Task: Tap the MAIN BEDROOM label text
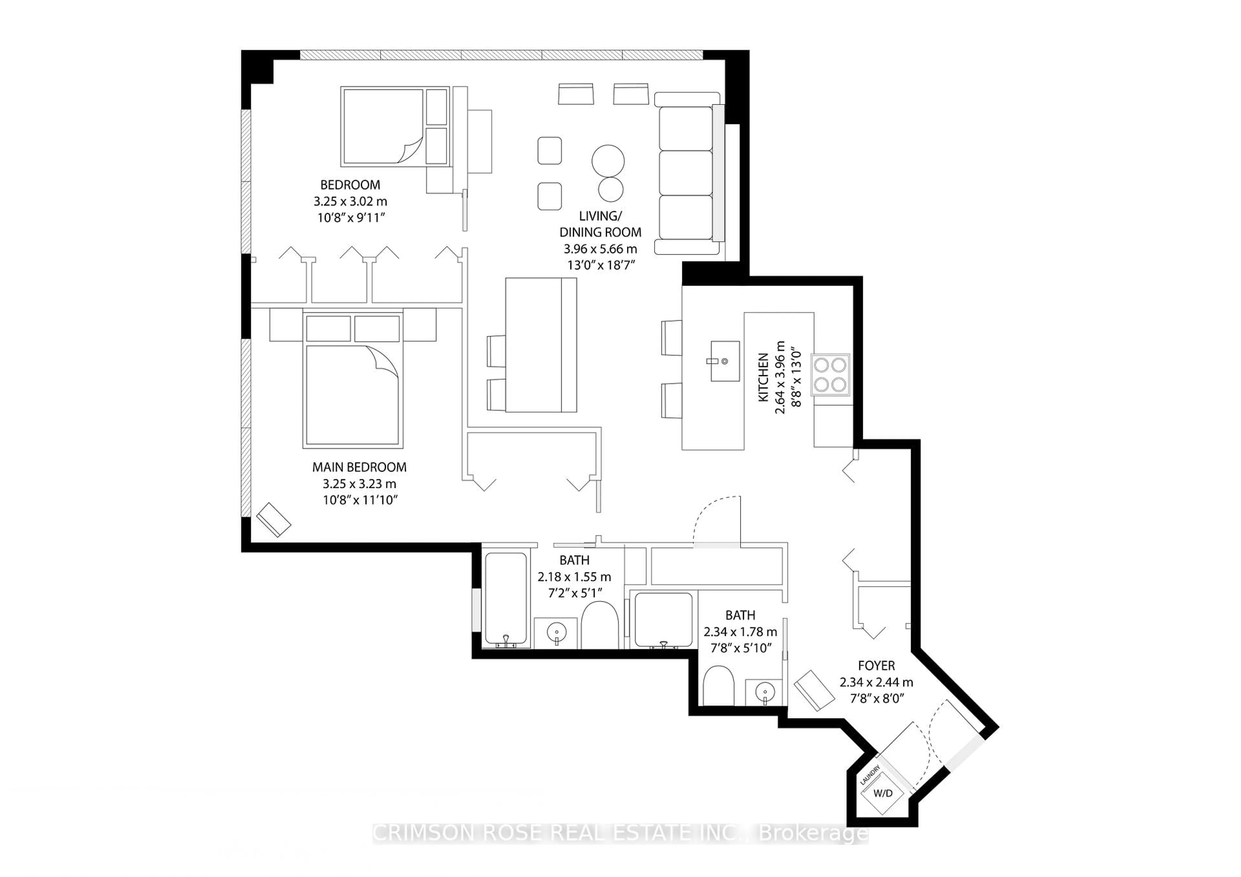pyautogui.click(x=359, y=467)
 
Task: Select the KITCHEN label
pyautogui.click(x=763, y=377)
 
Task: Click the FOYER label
pyautogui.click(x=876, y=666)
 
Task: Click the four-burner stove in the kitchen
pyautogui.click(x=830, y=375)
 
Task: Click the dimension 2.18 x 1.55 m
pyautogui.click(x=574, y=576)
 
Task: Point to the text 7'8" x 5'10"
pyautogui.click(x=740, y=648)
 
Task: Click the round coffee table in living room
pyautogui.click(x=608, y=161)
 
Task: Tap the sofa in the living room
pyautogui.click(x=686, y=173)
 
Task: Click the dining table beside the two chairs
pyautogui.click(x=540, y=345)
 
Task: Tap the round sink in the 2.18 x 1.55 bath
pyautogui.click(x=556, y=631)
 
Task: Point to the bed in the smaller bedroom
pyautogui.click(x=384, y=126)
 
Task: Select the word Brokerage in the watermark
pyautogui.click(x=813, y=833)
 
